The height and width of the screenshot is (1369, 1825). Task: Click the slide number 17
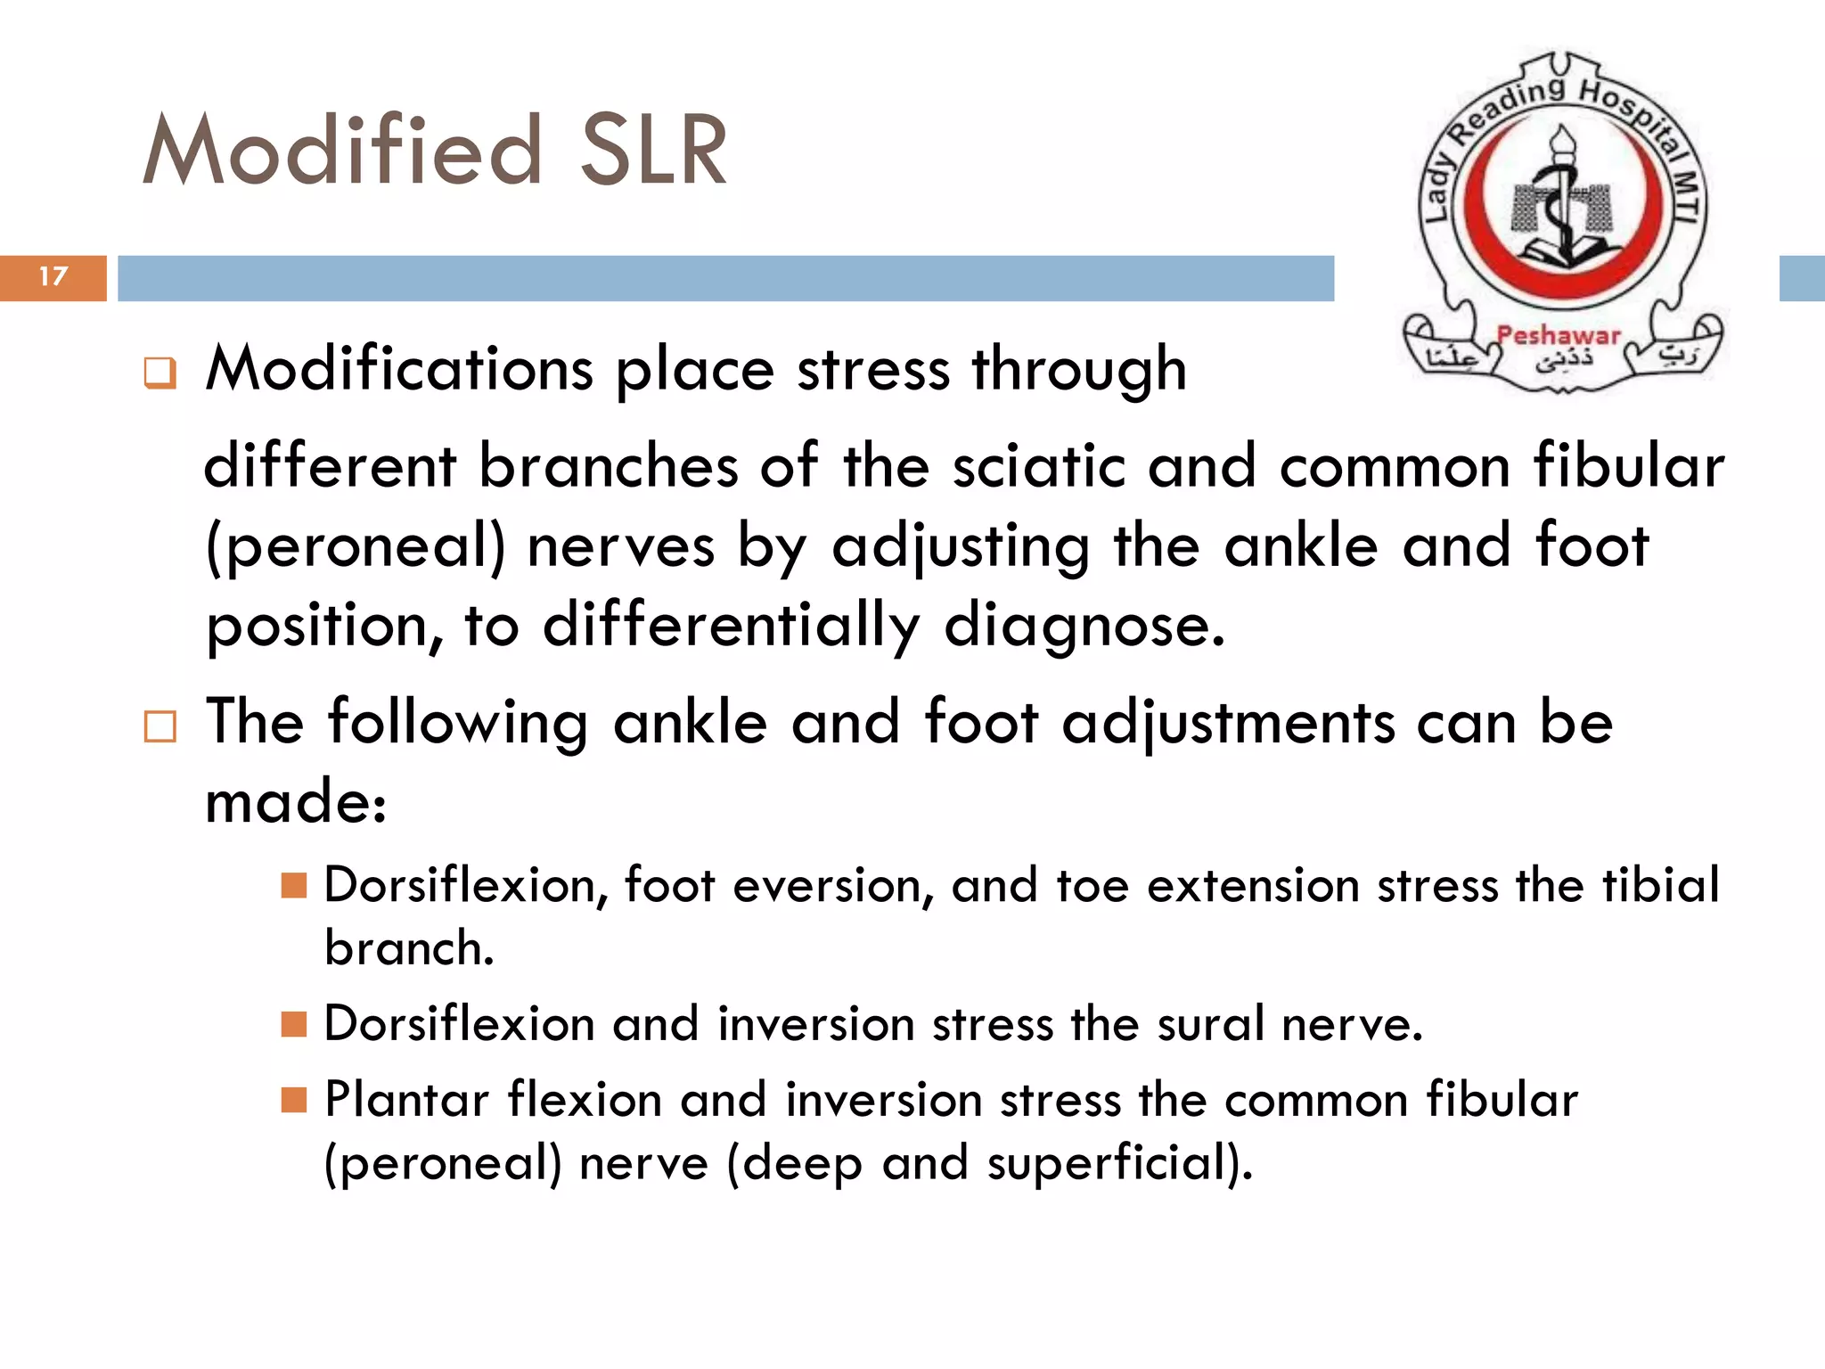point(53,276)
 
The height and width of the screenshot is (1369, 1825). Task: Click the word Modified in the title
point(343,152)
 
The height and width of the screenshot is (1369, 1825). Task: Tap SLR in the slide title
point(653,152)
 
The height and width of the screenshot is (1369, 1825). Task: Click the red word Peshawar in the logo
point(1558,336)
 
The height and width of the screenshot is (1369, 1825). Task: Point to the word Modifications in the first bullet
point(399,369)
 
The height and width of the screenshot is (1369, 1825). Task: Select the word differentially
point(731,626)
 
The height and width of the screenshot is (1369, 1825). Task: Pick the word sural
point(1211,1024)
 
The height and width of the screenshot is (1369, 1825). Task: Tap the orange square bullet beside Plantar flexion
point(293,1100)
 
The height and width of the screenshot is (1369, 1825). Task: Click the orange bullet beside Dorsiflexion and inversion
point(293,1024)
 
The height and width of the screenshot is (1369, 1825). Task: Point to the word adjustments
point(1228,724)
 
